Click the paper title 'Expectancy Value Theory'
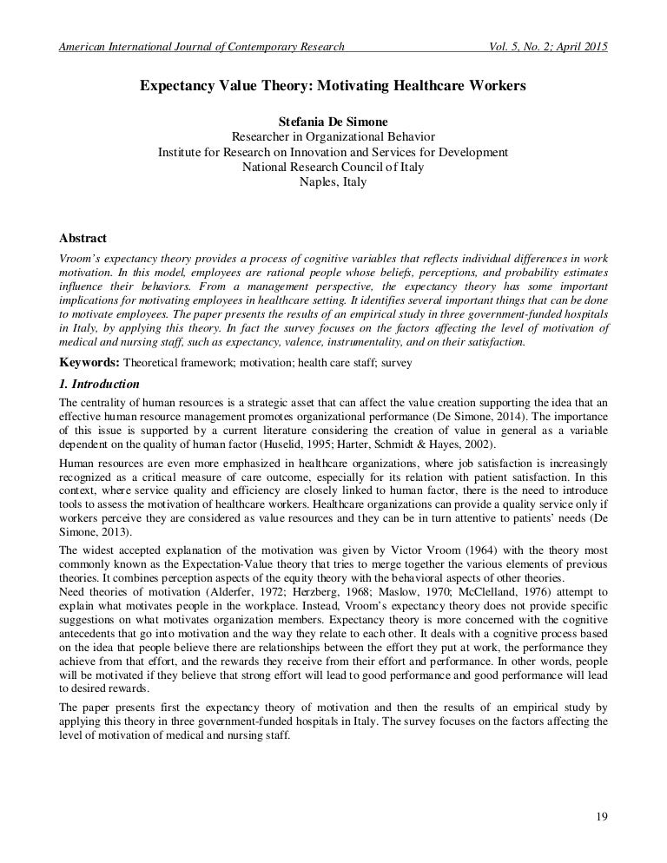tap(333, 87)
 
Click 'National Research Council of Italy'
tap(333, 168)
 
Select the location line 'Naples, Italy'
tap(333, 182)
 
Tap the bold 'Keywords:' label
tap(89, 362)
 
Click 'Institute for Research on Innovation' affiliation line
tap(333, 153)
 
